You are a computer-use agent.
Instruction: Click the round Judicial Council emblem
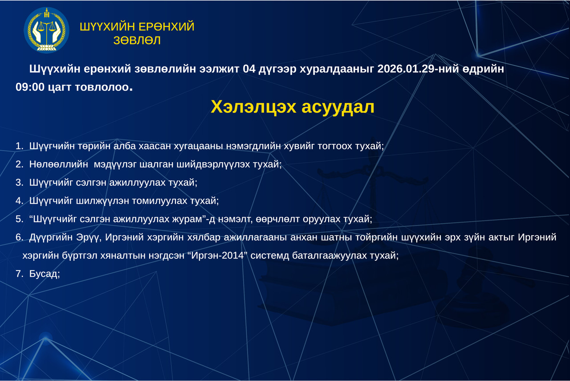coord(47,30)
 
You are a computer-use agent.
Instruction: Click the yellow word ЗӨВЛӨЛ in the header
coord(137,41)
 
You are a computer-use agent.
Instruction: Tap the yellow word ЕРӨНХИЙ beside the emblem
coord(167,27)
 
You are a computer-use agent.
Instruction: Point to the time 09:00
coord(30,87)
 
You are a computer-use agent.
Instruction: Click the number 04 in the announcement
coord(249,69)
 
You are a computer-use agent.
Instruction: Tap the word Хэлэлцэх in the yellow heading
coord(253,107)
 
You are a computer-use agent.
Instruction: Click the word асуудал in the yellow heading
coord(338,107)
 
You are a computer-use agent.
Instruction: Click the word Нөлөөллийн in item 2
coord(59,164)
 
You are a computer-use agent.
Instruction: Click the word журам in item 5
coord(187,219)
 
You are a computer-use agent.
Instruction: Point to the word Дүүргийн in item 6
coord(53,238)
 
